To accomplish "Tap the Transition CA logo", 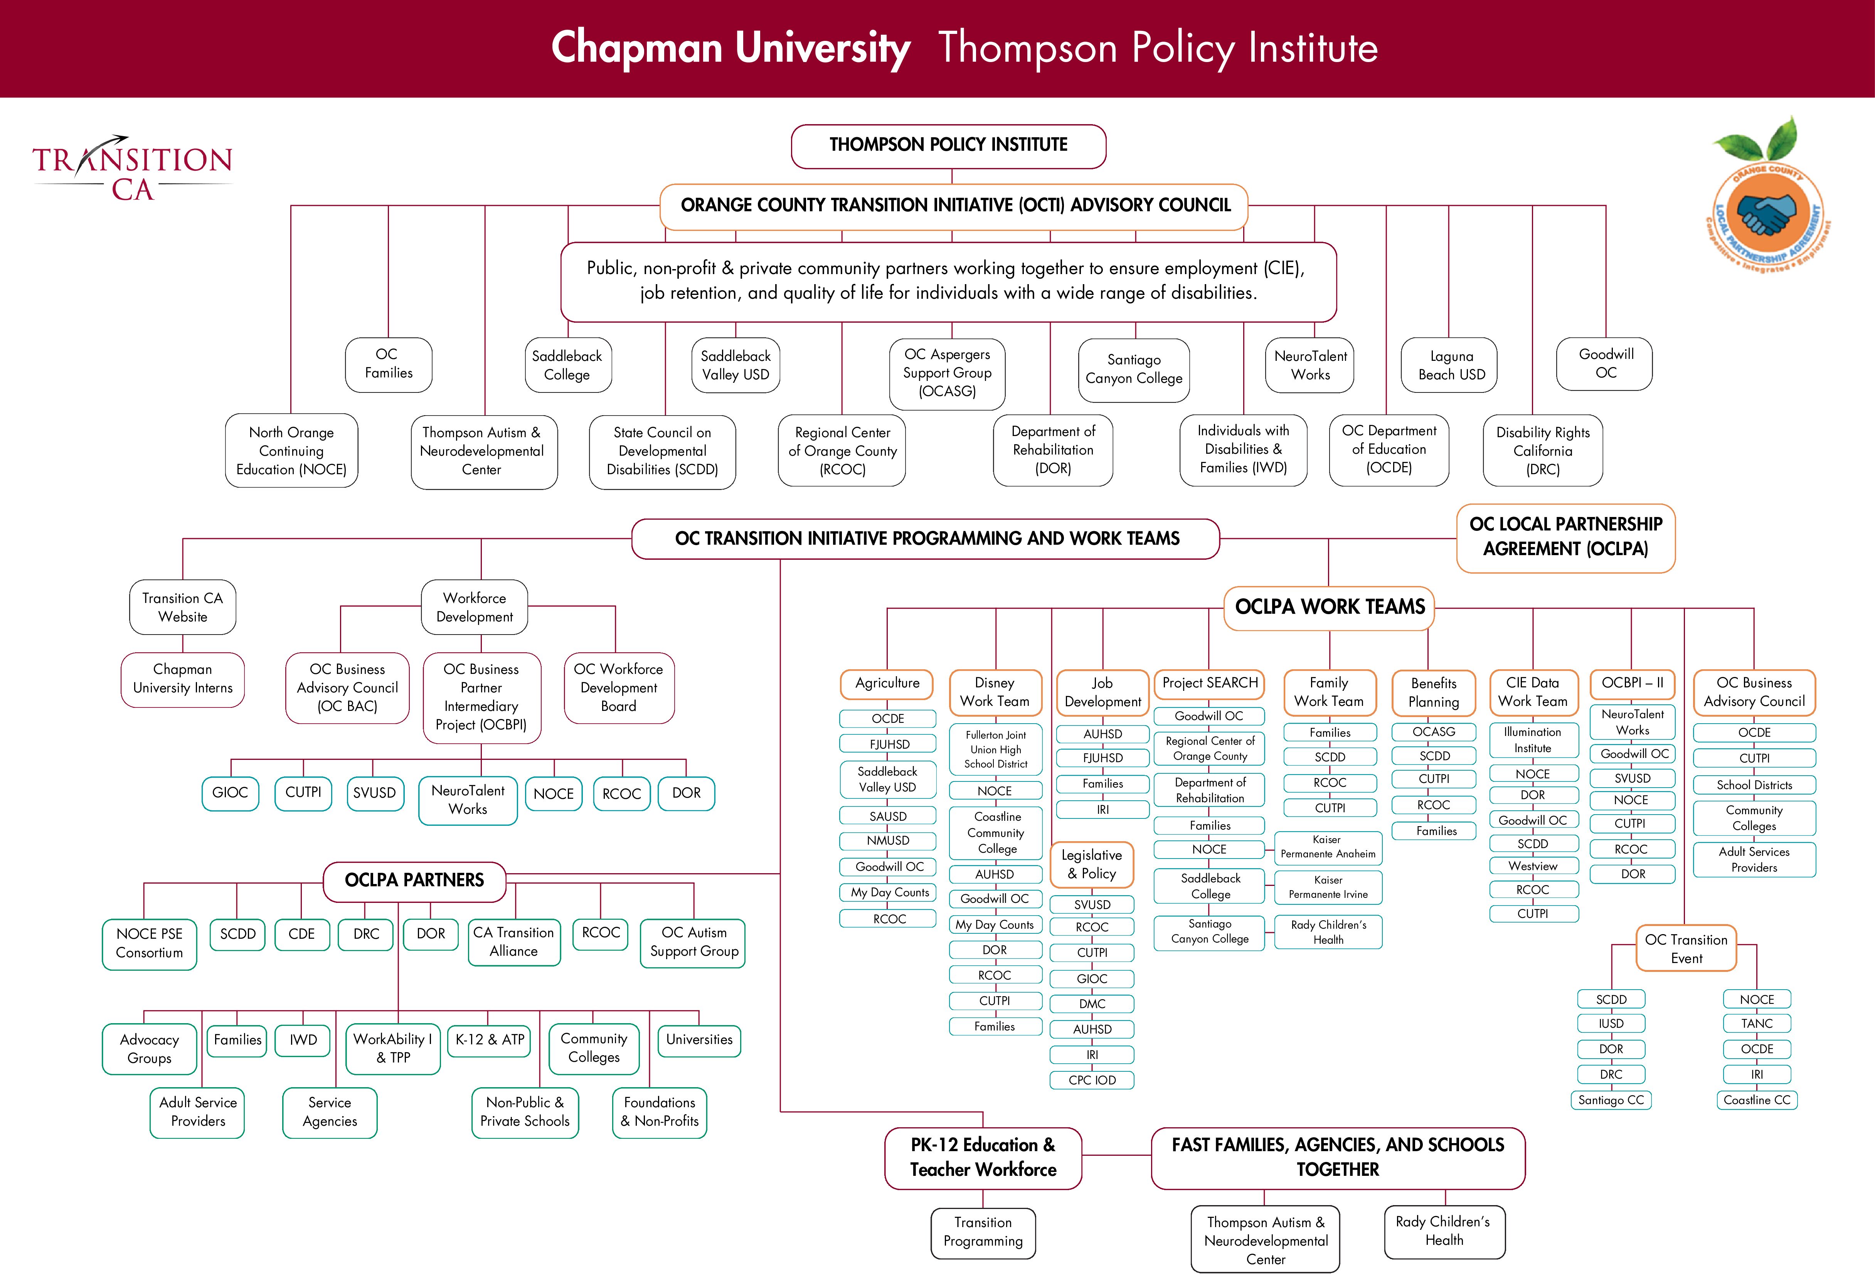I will point(132,170).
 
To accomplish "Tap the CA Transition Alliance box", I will point(514,942).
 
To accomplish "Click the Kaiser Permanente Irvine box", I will point(1328,887).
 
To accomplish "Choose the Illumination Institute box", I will point(1532,740).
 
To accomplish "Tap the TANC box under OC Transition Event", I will point(1756,1023).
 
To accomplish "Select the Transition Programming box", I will point(983,1232).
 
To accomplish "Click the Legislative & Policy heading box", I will point(1092,864).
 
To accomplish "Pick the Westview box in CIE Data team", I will point(1532,866).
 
